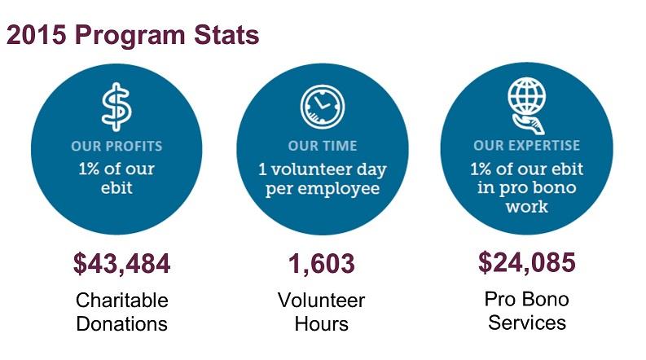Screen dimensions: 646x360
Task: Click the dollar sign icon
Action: point(116,107)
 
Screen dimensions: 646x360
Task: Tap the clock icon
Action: point(323,107)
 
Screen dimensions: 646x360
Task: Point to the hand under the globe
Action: point(529,125)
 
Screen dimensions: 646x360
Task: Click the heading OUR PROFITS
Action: point(116,146)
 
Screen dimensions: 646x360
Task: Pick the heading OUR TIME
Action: point(323,146)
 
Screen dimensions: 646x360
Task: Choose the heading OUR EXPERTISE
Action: point(526,146)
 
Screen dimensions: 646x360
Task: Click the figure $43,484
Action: point(121,264)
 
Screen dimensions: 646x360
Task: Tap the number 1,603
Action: point(321,264)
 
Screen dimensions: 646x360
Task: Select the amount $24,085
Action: point(526,262)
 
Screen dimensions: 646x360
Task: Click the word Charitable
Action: point(122,301)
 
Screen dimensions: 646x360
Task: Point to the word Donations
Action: point(122,323)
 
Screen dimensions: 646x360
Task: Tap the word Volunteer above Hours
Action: point(321,301)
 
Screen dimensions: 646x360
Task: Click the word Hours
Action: point(321,323)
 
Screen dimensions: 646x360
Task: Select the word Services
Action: point(527,323)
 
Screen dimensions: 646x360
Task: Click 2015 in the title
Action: point(37,34)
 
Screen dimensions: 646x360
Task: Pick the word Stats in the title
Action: point(226,34)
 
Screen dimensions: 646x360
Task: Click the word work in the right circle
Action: point(527,207)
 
